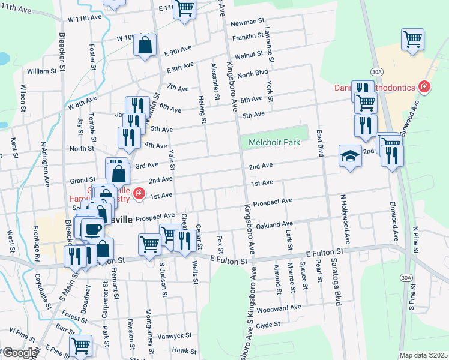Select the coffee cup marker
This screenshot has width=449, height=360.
(93, 229)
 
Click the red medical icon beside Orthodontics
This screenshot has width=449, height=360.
(424, 88)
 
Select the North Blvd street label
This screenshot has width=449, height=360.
(252, 74)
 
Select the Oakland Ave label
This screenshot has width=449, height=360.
(274, 225)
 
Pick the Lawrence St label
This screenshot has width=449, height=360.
(270, 47)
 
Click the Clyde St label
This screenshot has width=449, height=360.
(268, 325)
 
